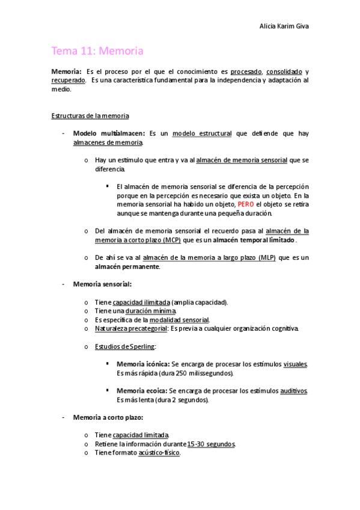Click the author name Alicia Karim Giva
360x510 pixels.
click(x=283, y=26)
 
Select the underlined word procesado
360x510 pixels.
click(x=246, y=72)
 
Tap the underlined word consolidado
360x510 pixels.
click(x=284, y=72)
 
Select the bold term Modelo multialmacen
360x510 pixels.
click(x=109, y=134)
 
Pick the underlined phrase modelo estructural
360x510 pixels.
click(x=201, y=134)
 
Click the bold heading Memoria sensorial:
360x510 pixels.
click(x=102, y=284)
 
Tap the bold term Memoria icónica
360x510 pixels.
click(x=143, y=364)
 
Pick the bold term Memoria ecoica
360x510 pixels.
click(x=142, y=391)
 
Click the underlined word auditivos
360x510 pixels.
click(x=294, y=391)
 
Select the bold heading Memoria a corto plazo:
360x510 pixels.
click(x=108, y=417)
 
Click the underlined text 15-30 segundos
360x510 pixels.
click(x=211, y=444)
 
